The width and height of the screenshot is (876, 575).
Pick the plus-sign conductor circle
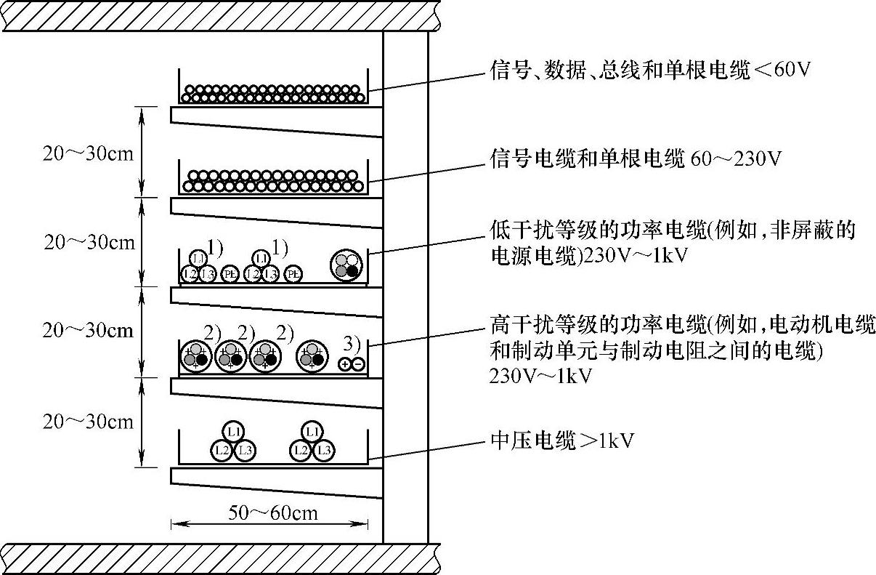pyautogui.click(x=345, y=364)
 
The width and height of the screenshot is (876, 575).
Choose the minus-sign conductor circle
pyautogui.click(x=357, y=364)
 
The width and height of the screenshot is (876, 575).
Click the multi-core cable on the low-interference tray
pyautogui.click(x=346, y=265)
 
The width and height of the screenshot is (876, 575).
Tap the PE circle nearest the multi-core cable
pyautogui.click(x=293, y=274)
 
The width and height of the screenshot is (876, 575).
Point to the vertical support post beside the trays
pyautogui.click(x=405, y=291)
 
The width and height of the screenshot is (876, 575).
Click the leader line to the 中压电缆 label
pyautogui.click(x=429, y=449)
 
